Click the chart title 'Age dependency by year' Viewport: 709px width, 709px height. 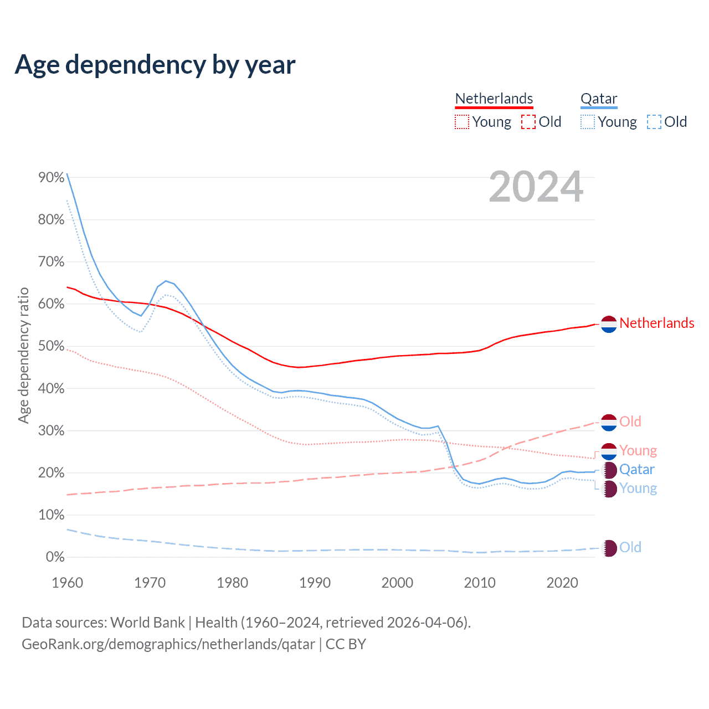[x=155, y=65]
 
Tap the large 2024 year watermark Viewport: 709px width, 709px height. [x=536, y=187]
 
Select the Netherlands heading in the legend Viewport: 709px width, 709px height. [x=494, y=99]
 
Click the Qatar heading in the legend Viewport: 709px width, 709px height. [x=598, y=99]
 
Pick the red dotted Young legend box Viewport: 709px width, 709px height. [x=462, y=122]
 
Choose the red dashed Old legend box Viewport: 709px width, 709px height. [x=528, y=122]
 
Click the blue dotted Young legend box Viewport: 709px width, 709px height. [x=588, y=122]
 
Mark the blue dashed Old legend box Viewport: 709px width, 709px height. [x=654, y=122]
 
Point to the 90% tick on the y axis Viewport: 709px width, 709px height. [x=51, y=177]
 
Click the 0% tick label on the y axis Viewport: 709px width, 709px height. [x=55, y=557]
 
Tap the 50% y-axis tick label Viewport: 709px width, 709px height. [x=51, y=346]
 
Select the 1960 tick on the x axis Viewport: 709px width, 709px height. [x=67, y=583]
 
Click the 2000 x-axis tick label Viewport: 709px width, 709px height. [x=397, y=583]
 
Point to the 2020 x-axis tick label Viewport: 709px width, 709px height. [x=562, y=583]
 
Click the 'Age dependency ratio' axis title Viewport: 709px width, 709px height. [x=23, y=355]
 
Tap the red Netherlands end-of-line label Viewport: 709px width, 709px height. [x=656, y=323]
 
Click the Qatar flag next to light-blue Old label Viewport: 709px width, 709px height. [x=609, y=548]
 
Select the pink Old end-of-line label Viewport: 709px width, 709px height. [x=630, y=422]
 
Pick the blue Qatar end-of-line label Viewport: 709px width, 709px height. [x=636, y=470]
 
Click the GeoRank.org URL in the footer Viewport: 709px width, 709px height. [x=168, y=644]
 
